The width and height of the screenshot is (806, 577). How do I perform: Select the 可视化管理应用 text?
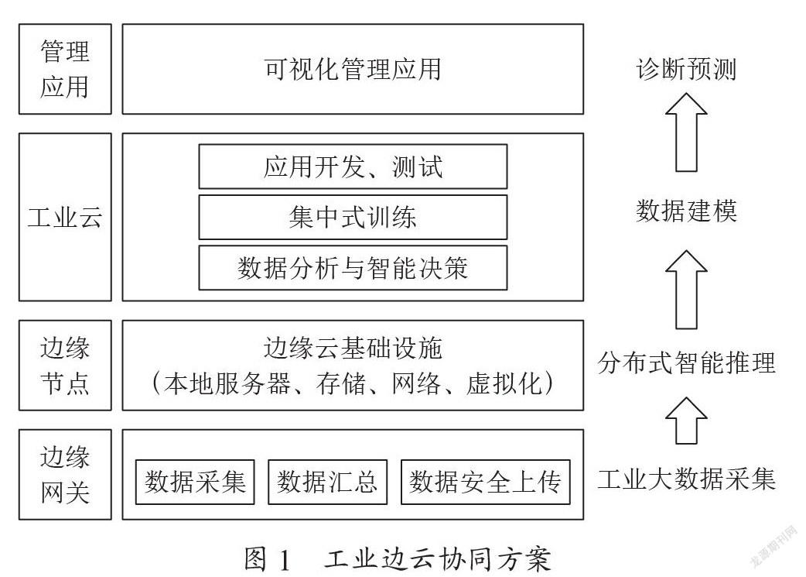click(353, 69)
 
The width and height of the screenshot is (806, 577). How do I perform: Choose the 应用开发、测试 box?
click(353, 167)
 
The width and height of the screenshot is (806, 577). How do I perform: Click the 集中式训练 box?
click(353, 217)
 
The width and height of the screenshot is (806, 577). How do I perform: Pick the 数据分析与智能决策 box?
click(353, 267)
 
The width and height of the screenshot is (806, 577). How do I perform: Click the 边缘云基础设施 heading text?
click(353, 348)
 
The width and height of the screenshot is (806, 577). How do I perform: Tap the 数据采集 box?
click(195, 482)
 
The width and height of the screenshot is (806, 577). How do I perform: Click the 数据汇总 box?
click(327, 482)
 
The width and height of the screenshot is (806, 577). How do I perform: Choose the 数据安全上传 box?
click(485, 482)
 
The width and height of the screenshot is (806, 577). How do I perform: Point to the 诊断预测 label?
click(686, 69)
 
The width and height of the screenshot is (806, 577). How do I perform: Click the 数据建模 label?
click(686, 211)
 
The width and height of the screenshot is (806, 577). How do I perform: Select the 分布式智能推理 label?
click(686, 362)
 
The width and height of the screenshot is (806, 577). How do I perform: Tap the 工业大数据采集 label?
click(686, 479)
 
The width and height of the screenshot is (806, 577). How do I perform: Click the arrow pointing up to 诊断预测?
click(686, 132)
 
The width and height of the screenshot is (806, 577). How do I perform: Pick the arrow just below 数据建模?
click(686, 290)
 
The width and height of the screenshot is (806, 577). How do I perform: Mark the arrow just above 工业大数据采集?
click(686, 421)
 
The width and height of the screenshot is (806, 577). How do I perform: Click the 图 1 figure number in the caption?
click(268, 559)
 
